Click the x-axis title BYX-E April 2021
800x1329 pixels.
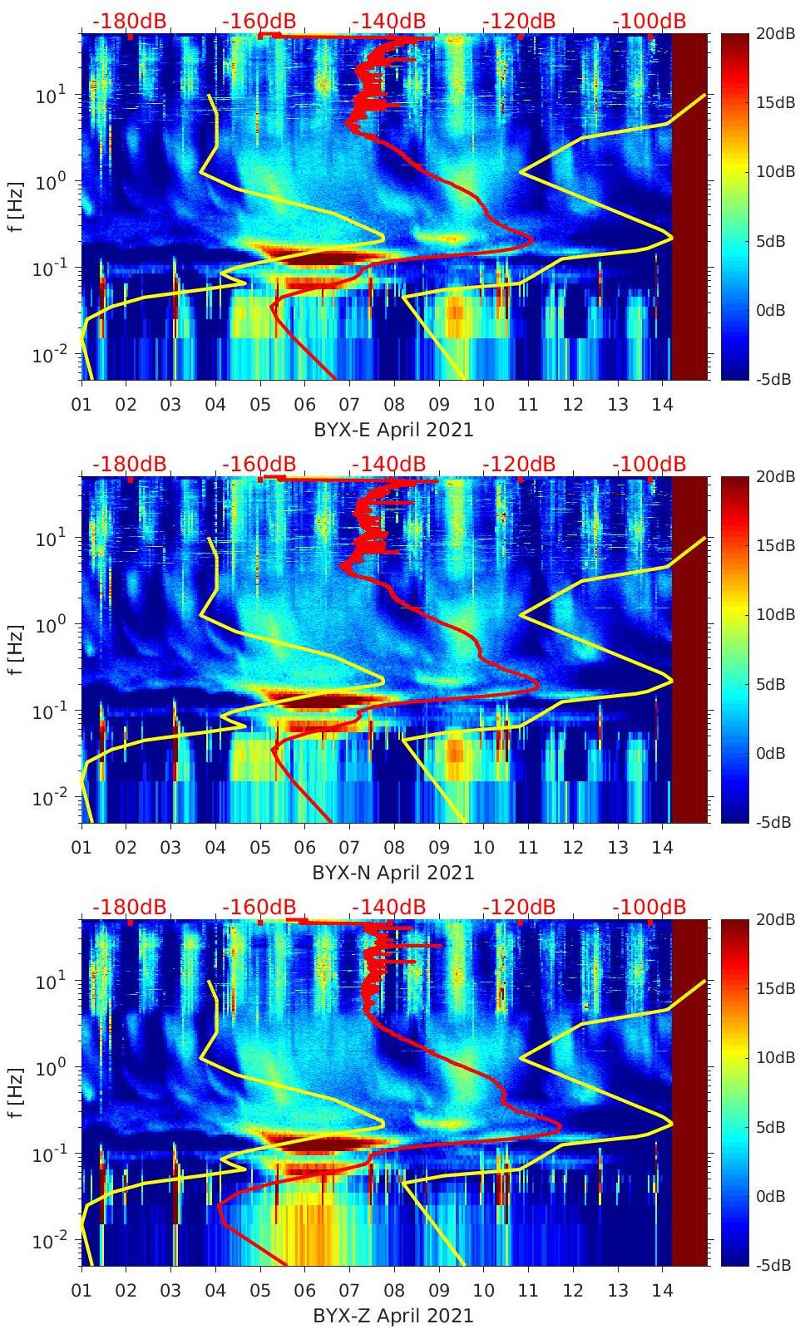point(393,430)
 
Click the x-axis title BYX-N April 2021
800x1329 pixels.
point(393,873)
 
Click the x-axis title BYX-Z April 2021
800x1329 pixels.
point(393,1316)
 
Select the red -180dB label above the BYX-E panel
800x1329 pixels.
point(130,21)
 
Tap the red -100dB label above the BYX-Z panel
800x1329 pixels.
point(649,907)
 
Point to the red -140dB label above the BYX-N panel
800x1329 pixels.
point(389,464)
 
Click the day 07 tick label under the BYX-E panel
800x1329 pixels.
point(349,405)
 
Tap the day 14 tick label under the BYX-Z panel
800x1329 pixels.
point(662,1291)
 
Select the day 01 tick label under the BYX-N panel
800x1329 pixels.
point(81,848)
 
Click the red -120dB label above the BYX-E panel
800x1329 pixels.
point(519,21)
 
